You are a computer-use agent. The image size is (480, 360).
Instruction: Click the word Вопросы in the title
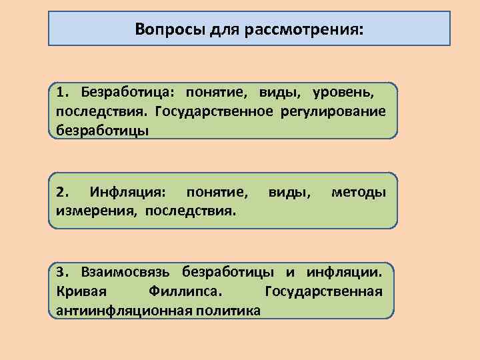[163, 29]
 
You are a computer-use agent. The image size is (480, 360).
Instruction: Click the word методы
[359, 193]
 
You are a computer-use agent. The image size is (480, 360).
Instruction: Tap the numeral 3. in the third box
[63, 272]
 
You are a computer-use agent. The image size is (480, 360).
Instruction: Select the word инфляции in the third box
[345, 272]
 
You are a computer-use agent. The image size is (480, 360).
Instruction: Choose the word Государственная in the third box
[323, 291]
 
